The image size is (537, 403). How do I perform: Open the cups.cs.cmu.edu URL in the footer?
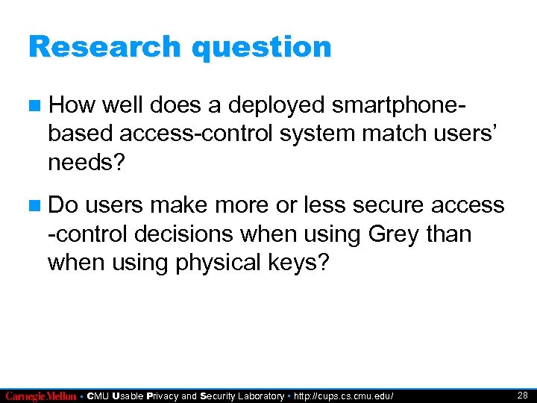[x=344, y=396]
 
